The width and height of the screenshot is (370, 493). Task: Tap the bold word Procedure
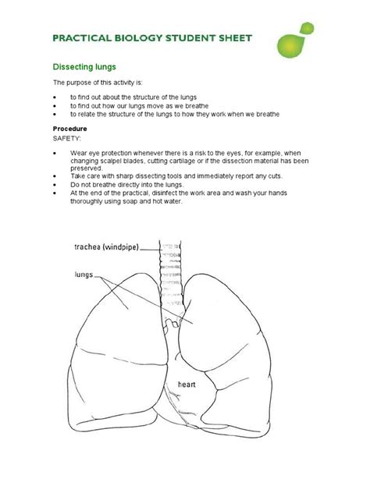pos(69,128)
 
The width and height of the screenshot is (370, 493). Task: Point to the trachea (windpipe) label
pos(107,247)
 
